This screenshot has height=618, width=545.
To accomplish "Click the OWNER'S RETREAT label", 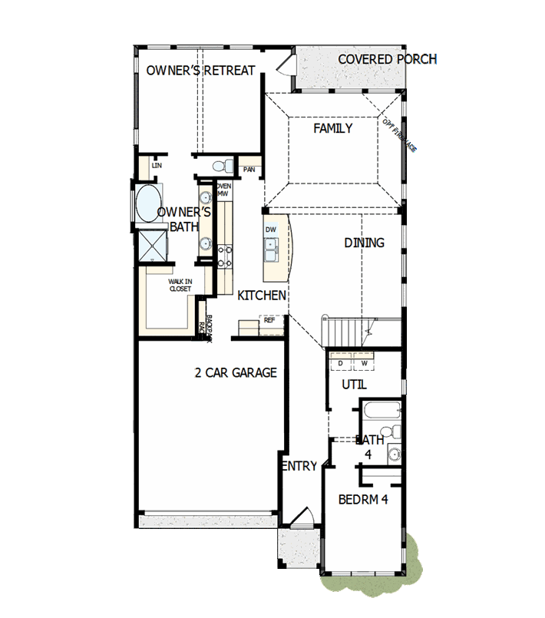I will [x=200, y=71].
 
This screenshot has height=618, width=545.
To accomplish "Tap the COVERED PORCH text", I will [x=387, y=59].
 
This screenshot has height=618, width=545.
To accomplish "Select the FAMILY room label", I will [x=332, y=128].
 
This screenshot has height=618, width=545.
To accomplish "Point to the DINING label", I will [x=364, y=243].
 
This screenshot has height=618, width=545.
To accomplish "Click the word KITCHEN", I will [x=262, y=296].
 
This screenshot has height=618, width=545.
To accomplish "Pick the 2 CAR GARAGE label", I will [x=236, y=373].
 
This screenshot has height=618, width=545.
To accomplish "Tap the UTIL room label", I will [x=354, y=384].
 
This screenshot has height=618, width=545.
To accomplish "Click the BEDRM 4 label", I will [x=364, y=499].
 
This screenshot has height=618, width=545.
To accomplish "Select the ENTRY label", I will [x=299, y=466].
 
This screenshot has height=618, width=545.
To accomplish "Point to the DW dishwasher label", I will [x=270, y=230].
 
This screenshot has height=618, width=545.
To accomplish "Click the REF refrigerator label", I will [x=269, y=321].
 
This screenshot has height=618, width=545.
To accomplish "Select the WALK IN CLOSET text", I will [x=180, y=286].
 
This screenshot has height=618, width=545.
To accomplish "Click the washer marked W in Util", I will [x=365, y=363].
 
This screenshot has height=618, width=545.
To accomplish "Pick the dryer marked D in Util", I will [x=340, y=363].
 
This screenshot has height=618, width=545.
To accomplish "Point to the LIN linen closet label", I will [x=157, y=165].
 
